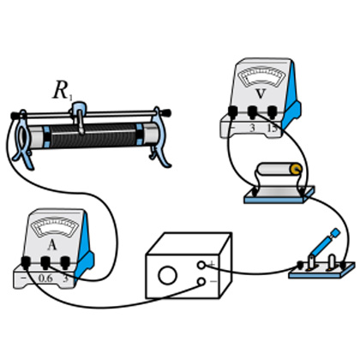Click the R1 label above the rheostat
tap(63, 92)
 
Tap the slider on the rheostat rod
tap(79, 116)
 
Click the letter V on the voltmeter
tap(260, 93)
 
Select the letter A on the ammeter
tap(51, 245)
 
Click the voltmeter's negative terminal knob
tap(232, 112)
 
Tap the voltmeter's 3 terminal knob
tap(252, 112)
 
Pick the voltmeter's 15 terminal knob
tap(272, 112)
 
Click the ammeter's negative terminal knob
tap(26, 262)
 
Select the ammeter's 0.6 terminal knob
tap(45, 262)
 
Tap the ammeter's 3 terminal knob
tap(65, 262)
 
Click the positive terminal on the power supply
tap(201, 265)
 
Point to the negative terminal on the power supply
tap(201, 282)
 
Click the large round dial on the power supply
tap(168, 275)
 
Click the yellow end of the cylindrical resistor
tap(297, 169)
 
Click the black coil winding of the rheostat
tap(93, 135)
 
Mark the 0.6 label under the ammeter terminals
tap(45, 279)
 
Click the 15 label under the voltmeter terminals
tap(273, 129)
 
